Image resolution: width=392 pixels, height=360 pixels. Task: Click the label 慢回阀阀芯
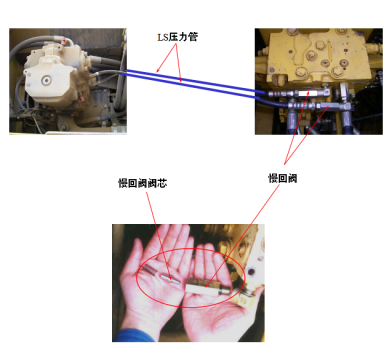point(141,184)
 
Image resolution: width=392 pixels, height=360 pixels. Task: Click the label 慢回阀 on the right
point(284,177)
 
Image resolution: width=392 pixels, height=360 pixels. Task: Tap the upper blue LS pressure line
point(190,78)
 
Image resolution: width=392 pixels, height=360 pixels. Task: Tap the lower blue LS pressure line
point(190,89)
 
